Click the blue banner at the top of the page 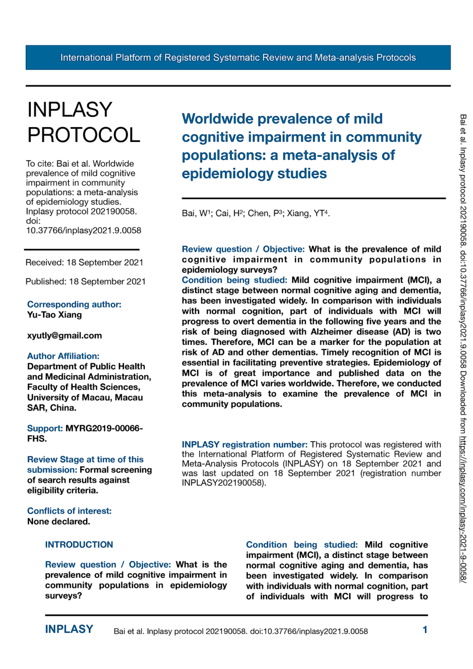tap(238, 57)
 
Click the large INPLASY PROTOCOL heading tap(84, 122)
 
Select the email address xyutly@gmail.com tap(64, 335)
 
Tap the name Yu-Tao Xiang tap(54, 314)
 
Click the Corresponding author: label tap(74, 304)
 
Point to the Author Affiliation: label tap(63, 356)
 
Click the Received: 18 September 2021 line tap(84, 262)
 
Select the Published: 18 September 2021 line tap(85, 281)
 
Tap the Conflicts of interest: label tap(69, 511)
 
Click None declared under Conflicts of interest tap(58, 521)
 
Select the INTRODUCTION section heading tap(79, 544)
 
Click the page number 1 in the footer tap(425, 629)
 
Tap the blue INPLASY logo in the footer tap(69, 629)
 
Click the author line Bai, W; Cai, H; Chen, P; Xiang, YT tap(256, 213)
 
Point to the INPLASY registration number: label tap(244, 444)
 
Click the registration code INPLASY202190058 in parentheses tap(223, 483)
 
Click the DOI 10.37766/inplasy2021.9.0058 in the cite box tap(84, 230)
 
